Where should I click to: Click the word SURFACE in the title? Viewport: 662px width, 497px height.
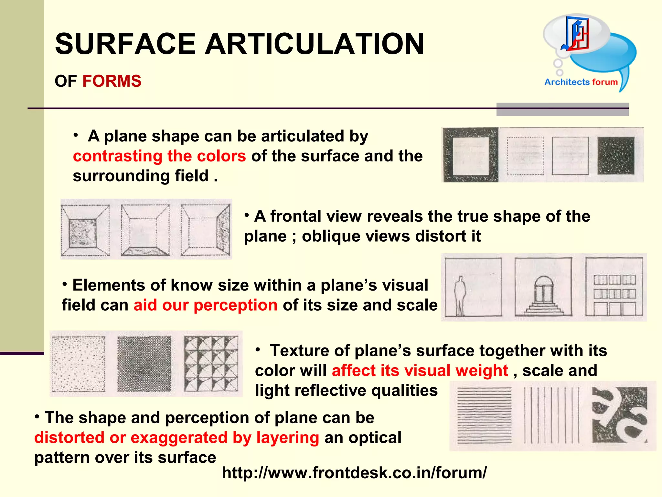tap(125, 44)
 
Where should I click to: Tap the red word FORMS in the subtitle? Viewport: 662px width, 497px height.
tap(112, 81)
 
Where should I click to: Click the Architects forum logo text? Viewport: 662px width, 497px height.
tap(581, 82)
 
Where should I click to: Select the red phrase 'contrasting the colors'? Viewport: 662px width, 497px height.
tap(159, 156)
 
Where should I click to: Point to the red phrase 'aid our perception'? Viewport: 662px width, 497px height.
tap(206, 305)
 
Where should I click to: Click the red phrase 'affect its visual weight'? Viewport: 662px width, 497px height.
tap(420, 370)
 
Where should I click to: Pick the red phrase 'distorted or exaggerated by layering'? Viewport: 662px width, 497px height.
tap(176, 437)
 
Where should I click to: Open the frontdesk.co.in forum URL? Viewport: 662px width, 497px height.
tap(354, 472)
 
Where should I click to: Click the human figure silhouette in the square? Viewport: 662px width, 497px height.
tap(460, 295)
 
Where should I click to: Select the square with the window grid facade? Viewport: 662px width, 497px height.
tap(614, 287)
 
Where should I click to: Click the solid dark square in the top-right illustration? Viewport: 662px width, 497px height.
tap(616, 156)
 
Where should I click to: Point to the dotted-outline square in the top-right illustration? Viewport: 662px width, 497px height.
tap(525, 156)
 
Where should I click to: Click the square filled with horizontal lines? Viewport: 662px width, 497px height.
tap(485, 415)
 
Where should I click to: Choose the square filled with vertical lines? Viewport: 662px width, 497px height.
tap(551, 415)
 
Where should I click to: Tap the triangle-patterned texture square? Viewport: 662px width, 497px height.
tap(211, 364)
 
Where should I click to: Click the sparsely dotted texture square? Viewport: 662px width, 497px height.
tap(79, 364)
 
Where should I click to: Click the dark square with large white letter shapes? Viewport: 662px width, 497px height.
tap(620, 415)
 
